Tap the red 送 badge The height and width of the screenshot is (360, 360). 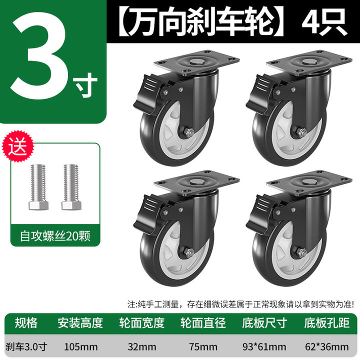[x=17, y=146]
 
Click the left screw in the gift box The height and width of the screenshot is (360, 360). [x=38, y=187]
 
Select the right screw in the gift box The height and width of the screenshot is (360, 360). [x=71, y=187]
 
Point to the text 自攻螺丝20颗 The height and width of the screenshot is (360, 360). [x=55, y=236]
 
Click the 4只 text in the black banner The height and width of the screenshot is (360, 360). [x=324, y=22]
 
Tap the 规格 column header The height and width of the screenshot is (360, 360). [x=26, y=323]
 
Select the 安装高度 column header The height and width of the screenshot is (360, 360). [x=80, y=323]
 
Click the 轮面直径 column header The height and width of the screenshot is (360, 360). [x=203, y=323]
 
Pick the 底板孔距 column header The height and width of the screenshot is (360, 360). [x=327, y=323]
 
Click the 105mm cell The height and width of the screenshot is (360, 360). [x=81, y=346]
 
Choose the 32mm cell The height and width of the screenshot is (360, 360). [x=142, y=346]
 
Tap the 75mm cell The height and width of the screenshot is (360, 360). [x=203, y=346]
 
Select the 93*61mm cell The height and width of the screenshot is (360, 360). [x=264, y=346]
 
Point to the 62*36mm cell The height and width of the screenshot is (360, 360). [x=326, y=346]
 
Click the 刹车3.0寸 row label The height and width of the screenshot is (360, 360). [x=26, y=346]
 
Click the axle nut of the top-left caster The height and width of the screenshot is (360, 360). [x=188, y=132]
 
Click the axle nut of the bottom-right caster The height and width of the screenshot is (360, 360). [x=301, y=252]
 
